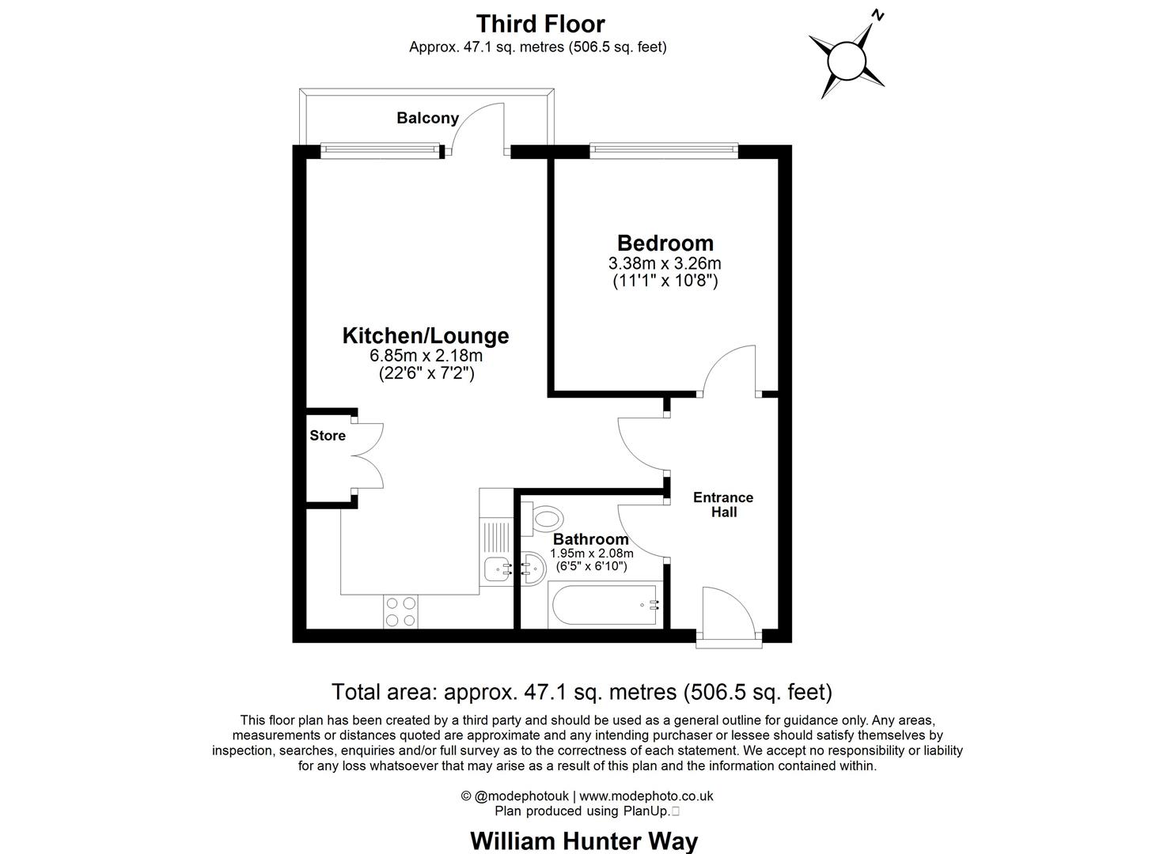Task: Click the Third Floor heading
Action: tap(540, 24)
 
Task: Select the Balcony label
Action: tap(427, 118)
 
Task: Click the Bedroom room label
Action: tap(665, 243)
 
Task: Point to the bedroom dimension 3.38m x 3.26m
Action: tap(665, 263)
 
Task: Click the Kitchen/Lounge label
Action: tap(425, 335)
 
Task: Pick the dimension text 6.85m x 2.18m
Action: tap(426, 356)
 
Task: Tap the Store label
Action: tap(328, 436)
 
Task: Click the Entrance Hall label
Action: tap(723, 504)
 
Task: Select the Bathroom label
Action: tap(590, 539)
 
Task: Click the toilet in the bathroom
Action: tap(546, 519)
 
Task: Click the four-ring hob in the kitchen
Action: tap(401, 611)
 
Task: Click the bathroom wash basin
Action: tap(533, 568)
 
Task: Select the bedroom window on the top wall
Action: tap(664, 148)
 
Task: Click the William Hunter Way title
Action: tap(584, 840)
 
